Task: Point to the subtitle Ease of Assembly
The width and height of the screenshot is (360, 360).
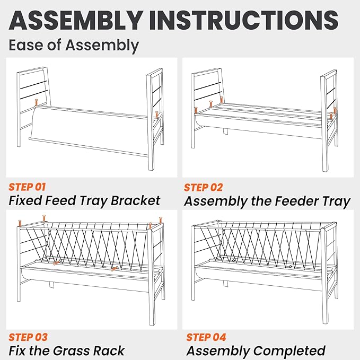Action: pos(74,45)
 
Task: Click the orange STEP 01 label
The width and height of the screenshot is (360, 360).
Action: pos(28,187)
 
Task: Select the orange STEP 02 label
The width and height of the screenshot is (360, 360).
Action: pos(204,187)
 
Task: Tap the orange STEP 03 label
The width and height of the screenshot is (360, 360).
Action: pos(28,337)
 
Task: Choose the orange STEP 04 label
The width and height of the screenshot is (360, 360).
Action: pos(206,337)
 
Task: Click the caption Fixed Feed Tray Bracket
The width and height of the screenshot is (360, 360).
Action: pos(84,200)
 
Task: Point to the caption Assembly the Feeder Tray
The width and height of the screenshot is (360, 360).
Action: pos(267,201)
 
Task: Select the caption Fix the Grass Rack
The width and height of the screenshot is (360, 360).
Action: pos(67,351)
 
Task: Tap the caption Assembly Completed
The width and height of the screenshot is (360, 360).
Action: pos(256,351)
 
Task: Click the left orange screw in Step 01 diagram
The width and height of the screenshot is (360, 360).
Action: pos(36,103)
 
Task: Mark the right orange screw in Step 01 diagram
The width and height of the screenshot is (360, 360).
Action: pos(157,114)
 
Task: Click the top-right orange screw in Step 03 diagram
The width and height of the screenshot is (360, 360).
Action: pos(150,226)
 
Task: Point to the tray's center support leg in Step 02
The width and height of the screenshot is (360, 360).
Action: pos(225,131)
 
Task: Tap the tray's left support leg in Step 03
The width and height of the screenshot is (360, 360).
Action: pos(52,285)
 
